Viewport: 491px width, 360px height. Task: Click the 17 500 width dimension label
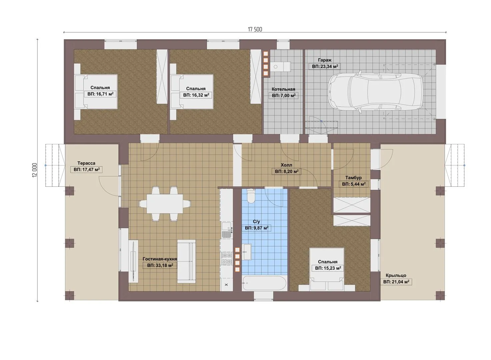click(x=255, y=29)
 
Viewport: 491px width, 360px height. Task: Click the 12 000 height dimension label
click(x=35, y=170)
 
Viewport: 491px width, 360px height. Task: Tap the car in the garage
click(x=375, y=92)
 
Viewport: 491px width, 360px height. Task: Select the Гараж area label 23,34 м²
click(x=325, y=66)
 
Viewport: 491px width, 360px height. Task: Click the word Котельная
click(x=283, y=89)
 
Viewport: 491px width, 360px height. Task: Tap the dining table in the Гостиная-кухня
click(x=165, y=204)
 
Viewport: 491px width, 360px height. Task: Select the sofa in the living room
click(x=186, y=261)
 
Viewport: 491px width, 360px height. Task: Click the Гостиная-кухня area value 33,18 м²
click(x=160, y=266)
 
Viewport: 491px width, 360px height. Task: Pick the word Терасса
click(x=86, y=163)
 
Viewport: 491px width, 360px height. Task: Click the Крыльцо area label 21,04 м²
click(x=396, y=282)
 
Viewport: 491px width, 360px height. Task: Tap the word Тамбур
click(x=353, y=178)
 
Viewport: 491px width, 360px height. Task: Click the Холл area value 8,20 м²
click(x=287, y=171)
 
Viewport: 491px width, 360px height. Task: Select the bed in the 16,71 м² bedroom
click(x=96, y=92)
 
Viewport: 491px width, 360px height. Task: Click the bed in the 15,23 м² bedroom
click(x=327, y=270)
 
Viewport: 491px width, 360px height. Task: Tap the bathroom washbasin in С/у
click(x=247, y=252)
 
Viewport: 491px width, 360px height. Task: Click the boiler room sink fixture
click(x=281, y=67)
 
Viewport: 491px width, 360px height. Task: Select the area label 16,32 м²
click(x=196, y=95)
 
